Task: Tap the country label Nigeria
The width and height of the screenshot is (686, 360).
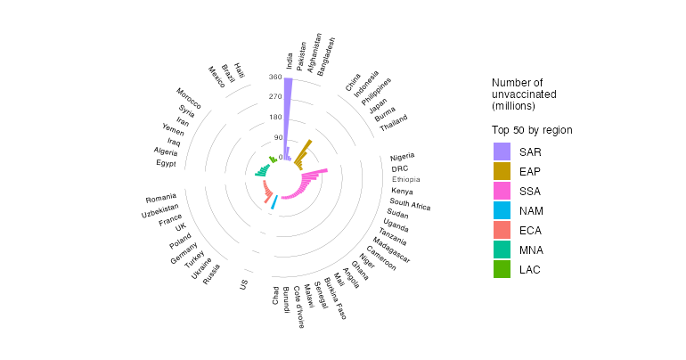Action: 403,158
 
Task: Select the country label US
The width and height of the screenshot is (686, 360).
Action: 243,284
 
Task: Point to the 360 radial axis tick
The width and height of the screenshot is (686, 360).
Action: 274,78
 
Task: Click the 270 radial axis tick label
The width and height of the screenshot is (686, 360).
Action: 274,97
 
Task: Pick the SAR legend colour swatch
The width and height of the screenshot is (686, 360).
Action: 502,151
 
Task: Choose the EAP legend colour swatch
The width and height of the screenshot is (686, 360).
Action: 502,171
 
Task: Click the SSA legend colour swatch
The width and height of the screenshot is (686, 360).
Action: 502,191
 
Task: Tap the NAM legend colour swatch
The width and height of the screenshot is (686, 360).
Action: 502,210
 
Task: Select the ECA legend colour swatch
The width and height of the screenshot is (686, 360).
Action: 502,230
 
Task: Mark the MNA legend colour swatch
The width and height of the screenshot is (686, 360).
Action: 502,250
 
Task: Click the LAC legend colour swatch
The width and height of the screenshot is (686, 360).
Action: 502,269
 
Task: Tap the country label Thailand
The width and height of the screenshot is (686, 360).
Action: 393,123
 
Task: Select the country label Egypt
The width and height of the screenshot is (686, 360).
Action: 166,163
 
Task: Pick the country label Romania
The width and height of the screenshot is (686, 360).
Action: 160,197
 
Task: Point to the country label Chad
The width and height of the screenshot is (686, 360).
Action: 275,295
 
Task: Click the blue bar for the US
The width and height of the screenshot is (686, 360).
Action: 274,204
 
